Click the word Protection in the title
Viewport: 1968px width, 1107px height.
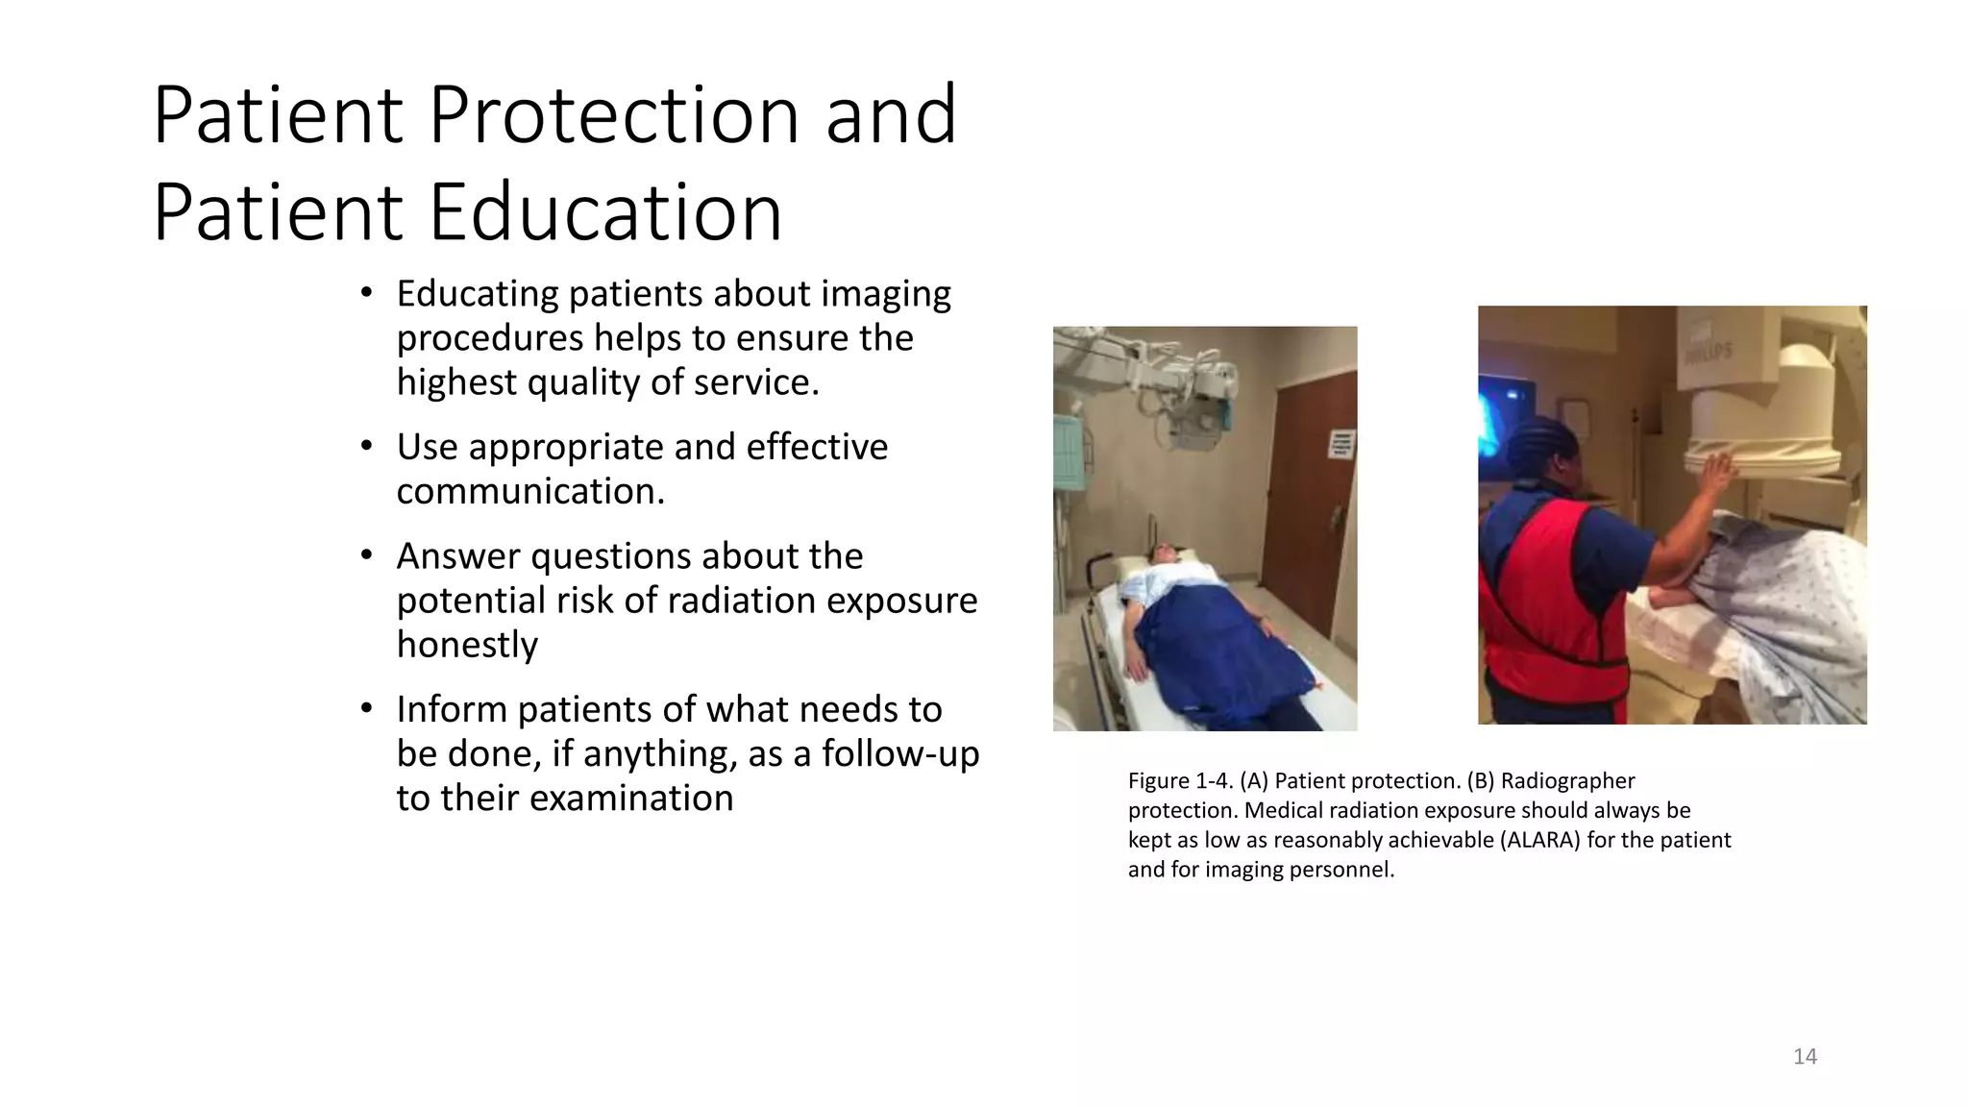[x=614, y=115]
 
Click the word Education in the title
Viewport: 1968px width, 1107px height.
[x=605, y=212]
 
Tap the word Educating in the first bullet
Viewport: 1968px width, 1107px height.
[x=477, y=294]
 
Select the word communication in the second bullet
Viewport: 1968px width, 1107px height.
[x=530, y=491]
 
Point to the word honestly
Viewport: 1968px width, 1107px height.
[x=467, y=644]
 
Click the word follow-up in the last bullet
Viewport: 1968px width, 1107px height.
[x=899, y=753]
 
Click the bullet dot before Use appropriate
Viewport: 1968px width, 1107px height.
[x=366, y=447]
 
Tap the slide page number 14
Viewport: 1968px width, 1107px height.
[x=1805, y=1057]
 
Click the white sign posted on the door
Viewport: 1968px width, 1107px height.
[x=1341, y=444]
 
